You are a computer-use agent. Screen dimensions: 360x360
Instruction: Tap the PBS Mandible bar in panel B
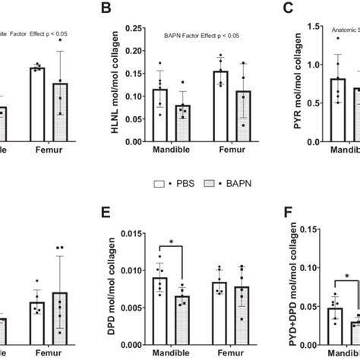click(x=159, y=115)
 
